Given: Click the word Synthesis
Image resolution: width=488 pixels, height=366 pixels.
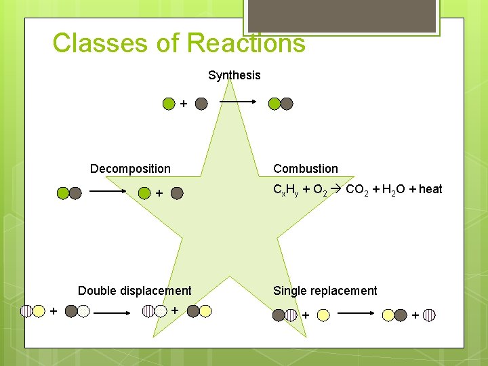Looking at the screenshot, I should pyautogui.click(x=234, y=75).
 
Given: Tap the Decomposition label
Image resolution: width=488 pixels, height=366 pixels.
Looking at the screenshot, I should pyautogui.click(x=130, y=169).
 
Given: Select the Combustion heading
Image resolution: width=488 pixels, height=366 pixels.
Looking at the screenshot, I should pyautogui.click(x=305, y=169).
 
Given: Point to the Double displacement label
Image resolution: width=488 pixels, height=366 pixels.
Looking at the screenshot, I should pyautogui.click(x=134, y=291).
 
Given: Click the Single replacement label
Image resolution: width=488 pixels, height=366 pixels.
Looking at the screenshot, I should pyautogui.click(x=325, y=291).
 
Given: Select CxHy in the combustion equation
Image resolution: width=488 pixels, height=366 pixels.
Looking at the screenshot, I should pyautogui.click(x=285, y=190).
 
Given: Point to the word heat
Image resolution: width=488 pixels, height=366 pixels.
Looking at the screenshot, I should pyautogui.click(x=430, y=189).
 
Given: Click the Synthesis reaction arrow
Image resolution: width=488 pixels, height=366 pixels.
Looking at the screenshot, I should pyautogui.click(x=237, y=102).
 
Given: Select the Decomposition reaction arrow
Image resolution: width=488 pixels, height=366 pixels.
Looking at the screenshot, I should pyautogui.click(x=108, y=192).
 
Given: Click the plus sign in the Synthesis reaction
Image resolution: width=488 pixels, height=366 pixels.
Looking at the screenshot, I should pyautogui.click(x=184, y=104).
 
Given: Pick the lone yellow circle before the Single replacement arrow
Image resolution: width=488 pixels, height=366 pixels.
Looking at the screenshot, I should pyautogui.click(x=324, y=314).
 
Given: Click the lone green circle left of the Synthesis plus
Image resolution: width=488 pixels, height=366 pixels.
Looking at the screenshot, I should pyautogui.click(x=169, y=104).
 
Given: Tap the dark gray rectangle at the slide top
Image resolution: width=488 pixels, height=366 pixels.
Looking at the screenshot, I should pyautogui.click(x=341, y=16).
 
